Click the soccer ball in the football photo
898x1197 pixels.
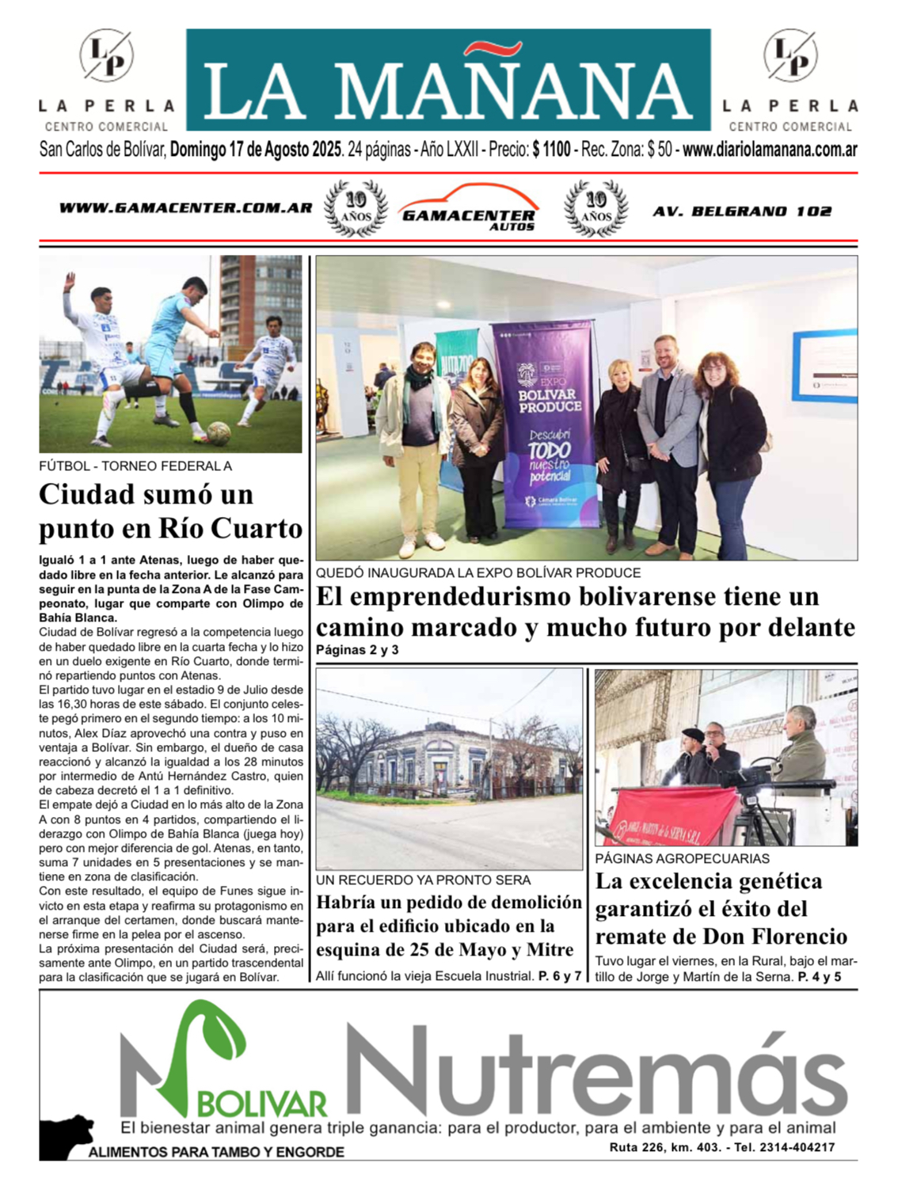219,433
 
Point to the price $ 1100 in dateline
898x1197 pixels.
551,149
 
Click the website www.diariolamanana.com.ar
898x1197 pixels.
770,149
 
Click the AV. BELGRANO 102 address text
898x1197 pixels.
742,211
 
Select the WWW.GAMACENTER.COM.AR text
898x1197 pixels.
185,208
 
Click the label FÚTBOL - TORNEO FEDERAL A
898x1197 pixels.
135,466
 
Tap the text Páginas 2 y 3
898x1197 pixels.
357,650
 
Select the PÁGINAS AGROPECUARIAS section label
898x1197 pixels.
682,858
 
